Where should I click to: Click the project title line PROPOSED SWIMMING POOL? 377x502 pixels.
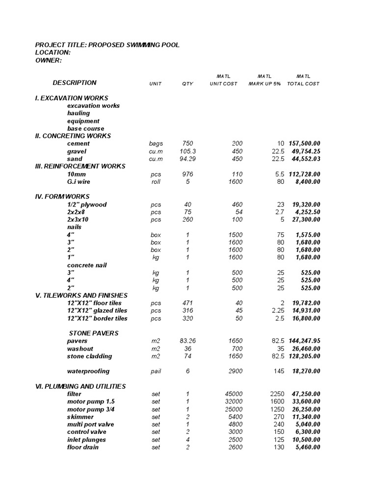(x=108, y=45)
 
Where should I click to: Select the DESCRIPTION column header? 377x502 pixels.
(x=75, y=83)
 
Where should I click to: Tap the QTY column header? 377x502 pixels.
(x=188, y=84)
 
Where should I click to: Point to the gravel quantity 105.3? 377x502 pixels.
(x=188, y=151)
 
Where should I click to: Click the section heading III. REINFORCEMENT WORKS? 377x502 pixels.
(x=81, y=166)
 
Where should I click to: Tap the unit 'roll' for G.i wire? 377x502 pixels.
(x=156, y=182)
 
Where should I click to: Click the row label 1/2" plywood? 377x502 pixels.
(x=87, y=204)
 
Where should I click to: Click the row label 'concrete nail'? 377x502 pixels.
(x=87, y=265)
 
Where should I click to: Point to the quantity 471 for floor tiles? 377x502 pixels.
(x=188, y=303)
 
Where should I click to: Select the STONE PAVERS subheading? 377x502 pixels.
(x=94, y=333)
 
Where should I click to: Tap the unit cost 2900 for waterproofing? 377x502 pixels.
(x=235, y=371)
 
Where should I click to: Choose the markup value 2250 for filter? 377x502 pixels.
(x=277, y=394)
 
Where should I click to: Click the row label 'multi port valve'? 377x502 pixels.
(x=90, y=424)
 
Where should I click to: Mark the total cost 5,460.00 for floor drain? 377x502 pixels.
(x=308, y=447)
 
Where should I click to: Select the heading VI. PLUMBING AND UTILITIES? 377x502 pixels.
(x=81, y=386)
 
